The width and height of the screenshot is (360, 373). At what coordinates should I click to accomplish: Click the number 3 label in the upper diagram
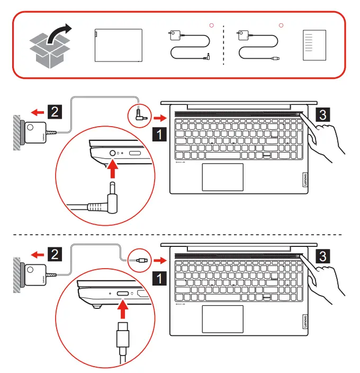tap(323, 113)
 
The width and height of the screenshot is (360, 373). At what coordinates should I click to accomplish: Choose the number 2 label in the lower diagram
tap(55, 254)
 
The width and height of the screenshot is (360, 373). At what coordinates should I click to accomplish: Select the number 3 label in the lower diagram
tap(323, 256)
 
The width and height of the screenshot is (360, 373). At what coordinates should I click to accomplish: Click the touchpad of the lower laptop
tap(223, 319)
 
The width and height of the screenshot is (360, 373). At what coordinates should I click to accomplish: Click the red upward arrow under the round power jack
tap(113, 171)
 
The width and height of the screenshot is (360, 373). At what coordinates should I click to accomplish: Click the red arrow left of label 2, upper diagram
tap(37, 112)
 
